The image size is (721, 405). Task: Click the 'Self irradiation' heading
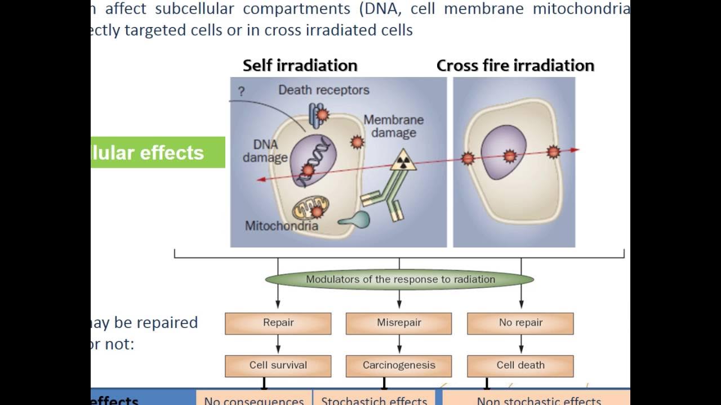300,65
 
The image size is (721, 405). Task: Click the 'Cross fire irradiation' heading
515,65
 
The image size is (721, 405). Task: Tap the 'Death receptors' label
323,90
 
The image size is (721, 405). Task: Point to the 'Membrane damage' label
393,127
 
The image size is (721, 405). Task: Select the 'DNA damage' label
265,151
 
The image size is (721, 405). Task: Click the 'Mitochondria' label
281,226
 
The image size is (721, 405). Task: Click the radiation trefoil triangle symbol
403,161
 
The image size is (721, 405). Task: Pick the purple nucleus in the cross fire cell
503,152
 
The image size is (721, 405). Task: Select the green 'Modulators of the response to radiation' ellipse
399,280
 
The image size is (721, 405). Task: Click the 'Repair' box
278,323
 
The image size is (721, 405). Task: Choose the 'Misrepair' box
398,323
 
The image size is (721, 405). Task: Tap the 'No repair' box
520,323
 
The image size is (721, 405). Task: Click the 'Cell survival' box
278,366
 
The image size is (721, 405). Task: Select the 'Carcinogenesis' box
398,366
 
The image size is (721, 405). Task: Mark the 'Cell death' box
520,366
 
